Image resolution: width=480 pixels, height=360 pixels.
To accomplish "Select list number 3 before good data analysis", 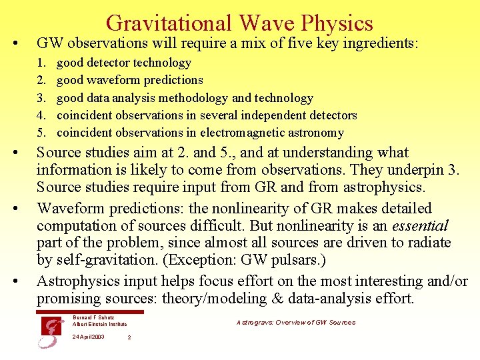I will point(41,98).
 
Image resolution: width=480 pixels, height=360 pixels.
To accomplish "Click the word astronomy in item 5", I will point(317,133).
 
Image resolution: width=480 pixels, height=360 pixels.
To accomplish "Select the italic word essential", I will point(421,225).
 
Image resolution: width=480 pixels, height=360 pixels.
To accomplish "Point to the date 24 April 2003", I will point(88,337).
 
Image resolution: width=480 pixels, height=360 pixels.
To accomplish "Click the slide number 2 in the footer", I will point(129,337).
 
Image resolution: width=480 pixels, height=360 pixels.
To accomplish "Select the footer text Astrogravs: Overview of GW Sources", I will point(295,323).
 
